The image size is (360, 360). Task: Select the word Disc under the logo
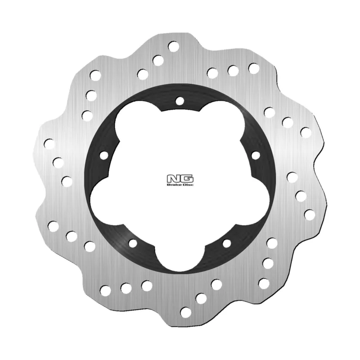point(188,185)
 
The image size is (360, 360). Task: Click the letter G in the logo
point(187,179)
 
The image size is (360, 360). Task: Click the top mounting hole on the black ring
point(180,100)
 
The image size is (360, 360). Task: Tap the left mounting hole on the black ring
point(104,155)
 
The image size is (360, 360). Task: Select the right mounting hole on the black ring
point(256,155)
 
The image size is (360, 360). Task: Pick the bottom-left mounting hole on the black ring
point(133,243)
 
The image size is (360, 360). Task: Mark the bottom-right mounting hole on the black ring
point(227,243)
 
